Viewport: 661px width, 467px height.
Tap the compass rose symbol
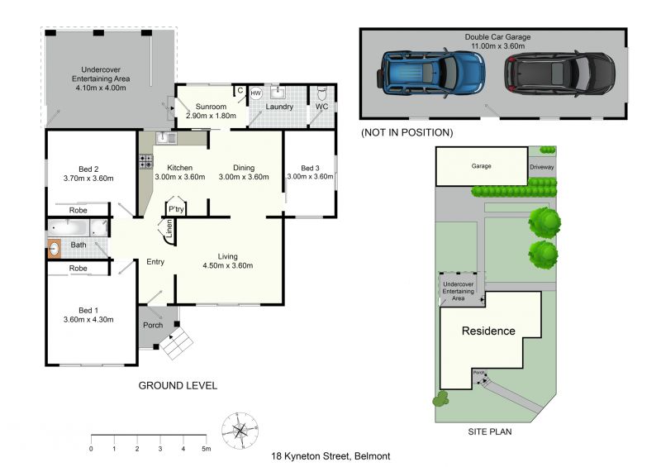240,431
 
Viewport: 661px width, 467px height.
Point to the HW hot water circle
256,93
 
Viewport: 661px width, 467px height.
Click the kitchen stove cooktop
146,161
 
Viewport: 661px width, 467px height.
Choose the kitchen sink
166,137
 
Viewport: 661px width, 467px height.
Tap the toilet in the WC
321,93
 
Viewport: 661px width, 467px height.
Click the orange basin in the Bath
54,249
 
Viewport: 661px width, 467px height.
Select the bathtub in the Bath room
69,228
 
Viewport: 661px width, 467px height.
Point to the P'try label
176,209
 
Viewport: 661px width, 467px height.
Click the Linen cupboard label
169,228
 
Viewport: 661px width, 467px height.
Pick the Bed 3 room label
310,168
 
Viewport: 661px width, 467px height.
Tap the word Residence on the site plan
488,331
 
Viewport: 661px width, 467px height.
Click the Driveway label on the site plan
542,167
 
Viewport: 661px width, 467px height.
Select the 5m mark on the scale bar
206,449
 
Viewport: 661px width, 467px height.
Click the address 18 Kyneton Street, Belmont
330,456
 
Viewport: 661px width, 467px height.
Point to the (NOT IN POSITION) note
407,132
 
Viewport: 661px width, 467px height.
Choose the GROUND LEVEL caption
178,385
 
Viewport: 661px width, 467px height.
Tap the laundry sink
278,92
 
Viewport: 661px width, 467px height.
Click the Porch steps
177,343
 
